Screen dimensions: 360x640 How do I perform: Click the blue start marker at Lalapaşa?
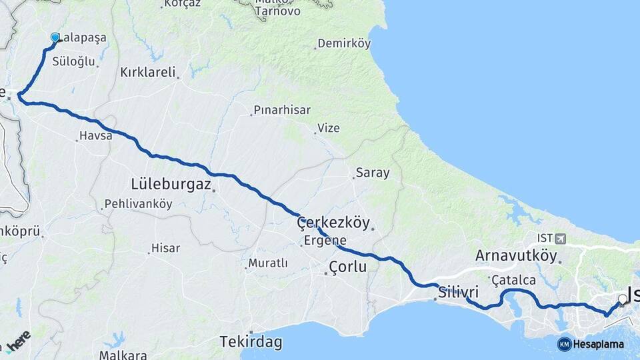click(x=55, y=39)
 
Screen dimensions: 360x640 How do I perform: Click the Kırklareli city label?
click(x=147, y=72)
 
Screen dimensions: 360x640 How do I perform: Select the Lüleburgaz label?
click(x=171, y=183)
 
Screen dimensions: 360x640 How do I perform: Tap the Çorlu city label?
click(x=348, y=267)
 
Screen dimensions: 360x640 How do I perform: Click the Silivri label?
click(x=459, y=291)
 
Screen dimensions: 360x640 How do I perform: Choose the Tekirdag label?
click(x=251, y=343)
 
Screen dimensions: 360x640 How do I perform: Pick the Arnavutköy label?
click(x=516, y=255)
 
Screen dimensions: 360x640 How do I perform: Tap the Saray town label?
click(x=373, y=173)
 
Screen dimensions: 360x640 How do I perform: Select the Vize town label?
click(x=328, y=128)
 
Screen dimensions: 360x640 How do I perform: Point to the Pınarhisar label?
click(x=281, y=110)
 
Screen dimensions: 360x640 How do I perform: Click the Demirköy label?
click(x=343, y=43)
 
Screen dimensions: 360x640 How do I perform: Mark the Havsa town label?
click(x=92, y=135)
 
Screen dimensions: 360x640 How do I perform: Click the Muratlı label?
click(x=267, y=263)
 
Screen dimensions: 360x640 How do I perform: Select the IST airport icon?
click(x=559, y=238)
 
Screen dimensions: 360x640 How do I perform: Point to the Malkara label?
click(x=123, y=355)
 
